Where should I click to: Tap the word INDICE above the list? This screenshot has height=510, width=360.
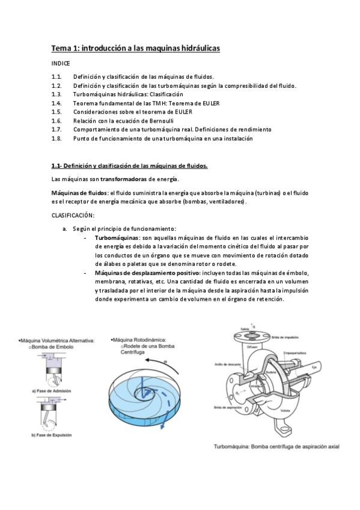[x=61, y=63]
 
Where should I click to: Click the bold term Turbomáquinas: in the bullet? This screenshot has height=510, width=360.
[x=117, y=238]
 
